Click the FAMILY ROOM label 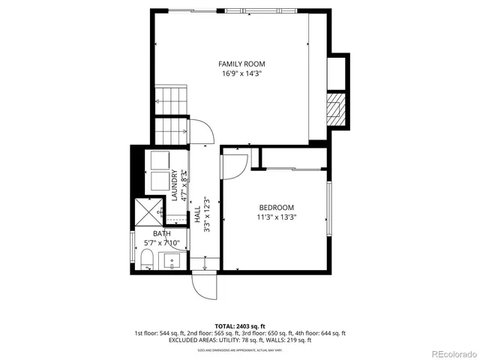241,64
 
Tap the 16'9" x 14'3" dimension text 241,73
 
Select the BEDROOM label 276,208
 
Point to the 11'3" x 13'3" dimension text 276,217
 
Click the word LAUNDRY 174,186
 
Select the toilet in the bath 146,260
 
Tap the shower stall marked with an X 145,212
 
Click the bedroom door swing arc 235,163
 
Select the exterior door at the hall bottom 203,285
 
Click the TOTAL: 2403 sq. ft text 239,326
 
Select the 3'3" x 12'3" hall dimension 207,215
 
